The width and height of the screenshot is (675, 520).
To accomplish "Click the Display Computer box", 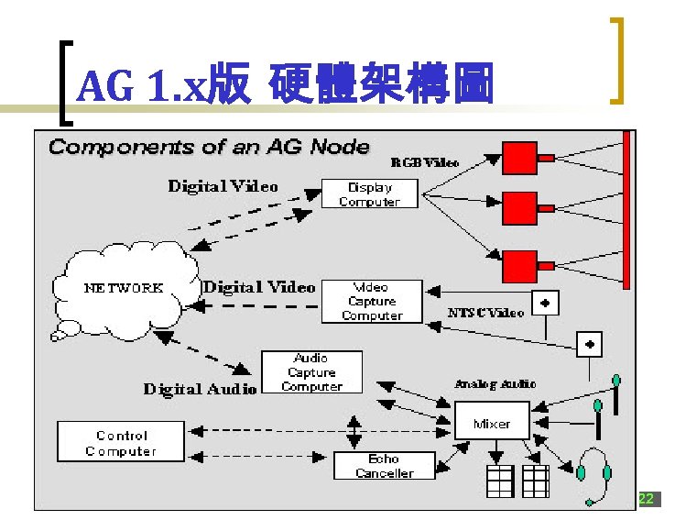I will (x=369, y=194).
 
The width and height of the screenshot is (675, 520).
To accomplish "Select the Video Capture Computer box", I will (x=372, y=301).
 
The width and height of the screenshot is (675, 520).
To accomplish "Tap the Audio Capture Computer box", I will (x=311, y=372).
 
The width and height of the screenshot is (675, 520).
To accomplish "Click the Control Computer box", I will (x=121, y=443).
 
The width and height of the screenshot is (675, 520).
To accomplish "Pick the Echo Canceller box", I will (x=384, y=466).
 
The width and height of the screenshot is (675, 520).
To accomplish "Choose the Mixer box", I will (x=492, y=424).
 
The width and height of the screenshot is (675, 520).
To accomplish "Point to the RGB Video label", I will (x=426, y=162).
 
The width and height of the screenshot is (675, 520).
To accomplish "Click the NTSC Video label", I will (x=485, y=313).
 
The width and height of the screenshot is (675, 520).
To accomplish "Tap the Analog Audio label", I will (x=495, y=383).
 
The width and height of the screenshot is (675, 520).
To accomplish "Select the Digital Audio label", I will (x=200, y=389).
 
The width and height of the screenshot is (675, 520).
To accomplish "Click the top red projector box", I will (x=520, y=158).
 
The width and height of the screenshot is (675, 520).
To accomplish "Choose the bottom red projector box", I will (x=520, y=266).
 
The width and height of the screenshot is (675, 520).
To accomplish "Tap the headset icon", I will (x=594, y=474).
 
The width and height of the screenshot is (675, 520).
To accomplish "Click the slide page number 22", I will (x=646, y=499).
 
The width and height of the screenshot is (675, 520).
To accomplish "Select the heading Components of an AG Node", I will (x=209, y=147).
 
